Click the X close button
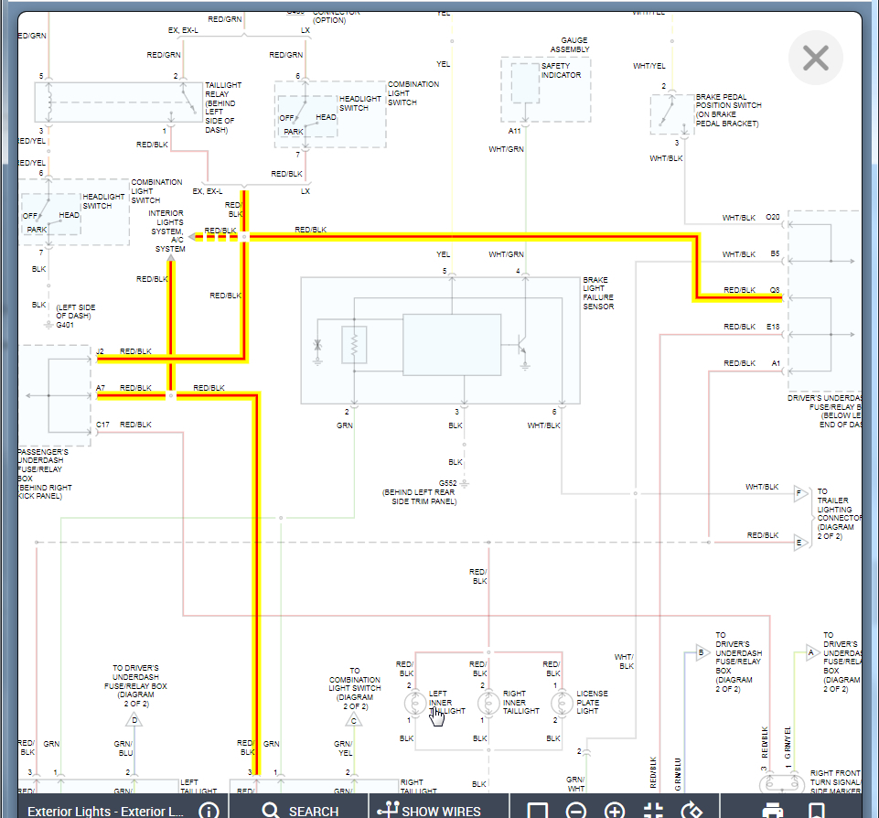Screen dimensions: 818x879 (815, 59)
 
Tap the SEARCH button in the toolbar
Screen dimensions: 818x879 (300, 810)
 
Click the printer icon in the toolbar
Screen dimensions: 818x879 (773, 810)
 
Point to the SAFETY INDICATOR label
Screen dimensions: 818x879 (561, 70)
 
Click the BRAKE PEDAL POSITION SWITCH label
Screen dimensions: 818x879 (728, 110)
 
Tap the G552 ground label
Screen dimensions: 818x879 (447, 482)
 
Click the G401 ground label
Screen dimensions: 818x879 (65, 325)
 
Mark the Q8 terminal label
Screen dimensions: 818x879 (774, 290)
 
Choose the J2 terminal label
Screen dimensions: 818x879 (100, 351)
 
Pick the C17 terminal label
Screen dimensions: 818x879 (102, 425)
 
